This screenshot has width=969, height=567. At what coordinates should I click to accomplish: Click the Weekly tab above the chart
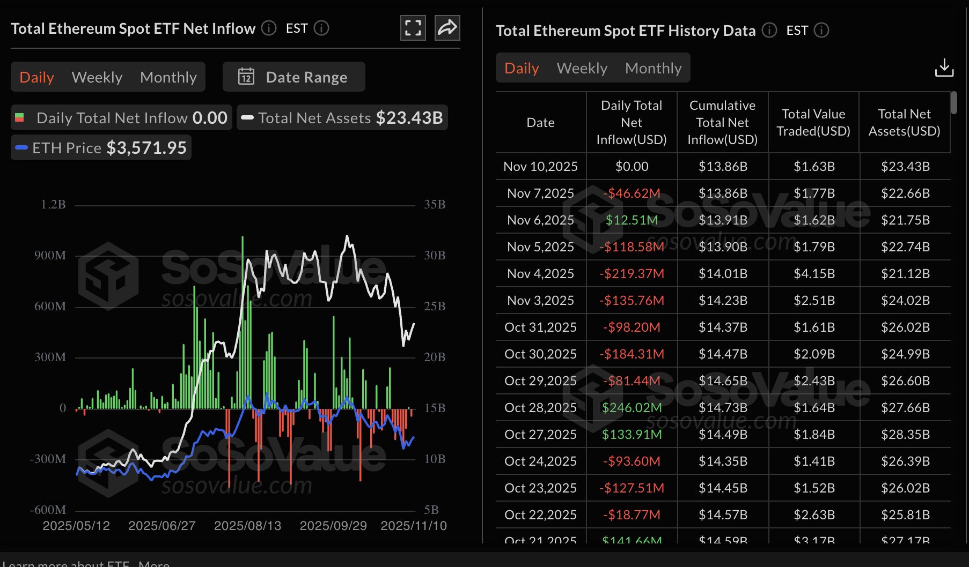[x=97, y=77]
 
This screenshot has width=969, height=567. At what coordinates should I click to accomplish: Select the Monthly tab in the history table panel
[x=653, y=68]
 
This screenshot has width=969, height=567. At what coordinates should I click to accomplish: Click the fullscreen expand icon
[x=413, y=28]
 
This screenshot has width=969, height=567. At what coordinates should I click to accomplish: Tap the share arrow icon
[x=447, y=28]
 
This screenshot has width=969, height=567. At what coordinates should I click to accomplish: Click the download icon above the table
[x=944, y=68]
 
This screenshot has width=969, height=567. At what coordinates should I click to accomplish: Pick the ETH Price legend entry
[x=101, y=148]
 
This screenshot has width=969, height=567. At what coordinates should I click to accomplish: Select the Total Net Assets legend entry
[x=342, y=118]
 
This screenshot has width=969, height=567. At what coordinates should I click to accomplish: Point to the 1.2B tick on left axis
[x=53, y=205]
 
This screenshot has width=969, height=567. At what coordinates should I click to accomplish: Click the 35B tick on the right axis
[x=435, y=205]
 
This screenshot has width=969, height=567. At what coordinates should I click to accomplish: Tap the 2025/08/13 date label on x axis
[x=247, y=526]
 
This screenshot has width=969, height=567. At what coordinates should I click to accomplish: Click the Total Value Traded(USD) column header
[x=813, y=123]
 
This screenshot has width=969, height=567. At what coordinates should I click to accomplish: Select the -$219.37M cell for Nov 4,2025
[x=632, y=274]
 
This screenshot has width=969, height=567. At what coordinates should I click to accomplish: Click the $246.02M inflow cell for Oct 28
[x=632, y=408]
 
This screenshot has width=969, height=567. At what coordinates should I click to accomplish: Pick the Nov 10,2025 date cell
[x=540, y=167]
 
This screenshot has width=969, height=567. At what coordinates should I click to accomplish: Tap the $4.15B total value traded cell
[x=814, y=274]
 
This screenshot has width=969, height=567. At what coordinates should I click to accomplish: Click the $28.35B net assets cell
[x=905, y=435]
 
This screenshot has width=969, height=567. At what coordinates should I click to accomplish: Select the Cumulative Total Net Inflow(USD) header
[x=722, y=123]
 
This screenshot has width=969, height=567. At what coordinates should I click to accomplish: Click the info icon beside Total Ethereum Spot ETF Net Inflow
[x=269, y=28]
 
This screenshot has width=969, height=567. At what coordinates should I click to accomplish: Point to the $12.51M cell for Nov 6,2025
[x=632, y=220]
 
